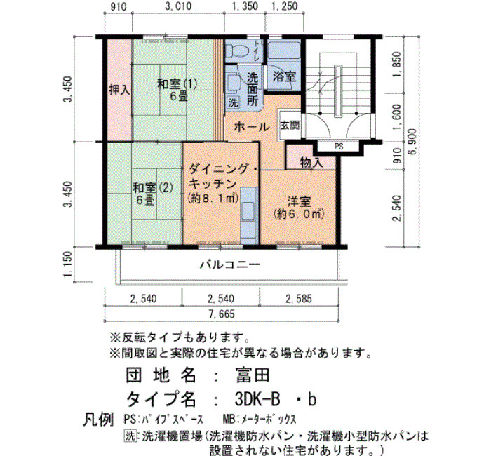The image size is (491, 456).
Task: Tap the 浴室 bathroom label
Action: pyautogui.click(x=284, y=76)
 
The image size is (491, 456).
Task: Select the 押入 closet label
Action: pyautogui.click(x=120, y=90)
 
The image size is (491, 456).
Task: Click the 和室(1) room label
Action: pyautogui.click(x=177, y=84)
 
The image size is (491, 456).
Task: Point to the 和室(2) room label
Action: pyautogui.click(x=153, y=187)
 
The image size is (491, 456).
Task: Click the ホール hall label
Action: pyautogui.click(x=251, y=127)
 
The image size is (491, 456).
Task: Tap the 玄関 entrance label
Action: pyautogui.click(x=289, y=126)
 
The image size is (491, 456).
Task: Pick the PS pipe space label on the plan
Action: pyautogui.click(x=339, y=146)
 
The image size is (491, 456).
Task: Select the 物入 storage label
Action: pyautogui.click(x=311, y=163)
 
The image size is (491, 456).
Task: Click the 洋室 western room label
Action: pyautogui.click(x=299, y=201)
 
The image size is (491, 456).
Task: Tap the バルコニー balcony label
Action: pyautogui.click(x=230, y=265)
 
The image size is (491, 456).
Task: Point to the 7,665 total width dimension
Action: pyautogui.click(x=222, y=314)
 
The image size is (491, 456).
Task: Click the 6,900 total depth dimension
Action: pyautogui.click(x=412, y=141)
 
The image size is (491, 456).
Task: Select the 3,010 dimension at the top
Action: pyautogui.click(x=177, y=6)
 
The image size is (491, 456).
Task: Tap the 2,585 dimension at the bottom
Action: pyautogui.click(x=299, y=299)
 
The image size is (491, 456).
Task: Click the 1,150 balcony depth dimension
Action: pyautogui.click(x=67, y=264)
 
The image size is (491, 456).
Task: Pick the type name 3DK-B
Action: pyautogui.click(x=257, y=399)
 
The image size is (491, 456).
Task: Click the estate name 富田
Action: pyautogui.click(x=253, y=375)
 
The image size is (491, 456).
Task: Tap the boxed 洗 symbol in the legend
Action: pyautogui.click(x=130, y=436)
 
